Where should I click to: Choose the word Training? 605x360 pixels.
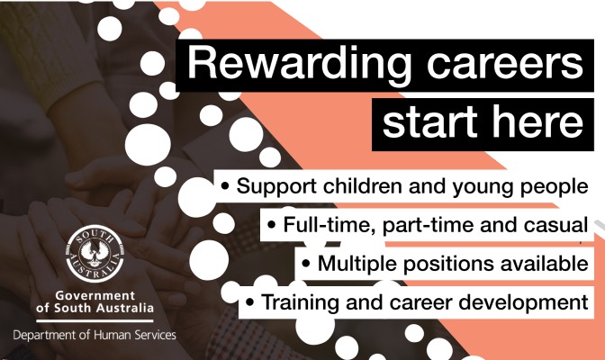coord(297,303)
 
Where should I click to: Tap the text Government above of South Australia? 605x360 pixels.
coord(95,296)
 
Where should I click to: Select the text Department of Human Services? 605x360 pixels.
coord(95,335)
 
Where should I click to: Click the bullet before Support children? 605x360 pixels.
coord(225,188)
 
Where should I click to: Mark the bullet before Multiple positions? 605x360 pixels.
coord(306,265)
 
